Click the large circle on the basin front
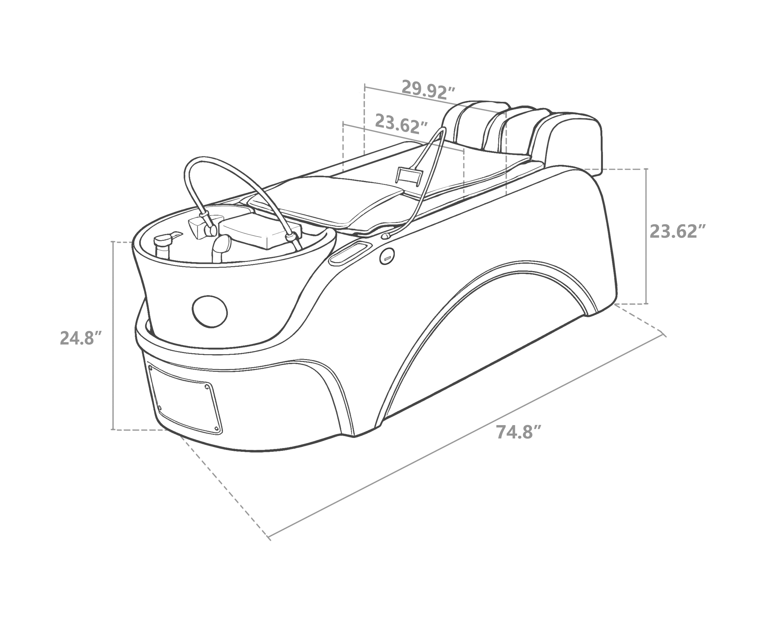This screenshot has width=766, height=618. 210,311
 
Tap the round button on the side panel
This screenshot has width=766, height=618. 387,256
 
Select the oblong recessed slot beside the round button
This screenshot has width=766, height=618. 350,252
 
